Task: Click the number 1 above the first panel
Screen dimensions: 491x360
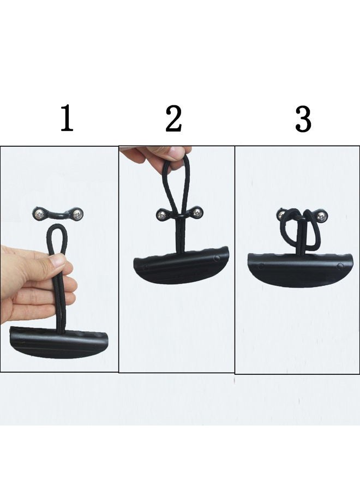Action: click(67, 119)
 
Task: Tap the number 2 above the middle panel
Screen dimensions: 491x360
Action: click(173, 119)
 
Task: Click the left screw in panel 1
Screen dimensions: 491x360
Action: click(39, 212)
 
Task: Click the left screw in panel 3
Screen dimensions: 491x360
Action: click(282, 217)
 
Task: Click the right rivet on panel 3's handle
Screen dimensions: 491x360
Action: click(340, 266)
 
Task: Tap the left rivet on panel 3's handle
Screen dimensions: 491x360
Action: click(261, 266)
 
